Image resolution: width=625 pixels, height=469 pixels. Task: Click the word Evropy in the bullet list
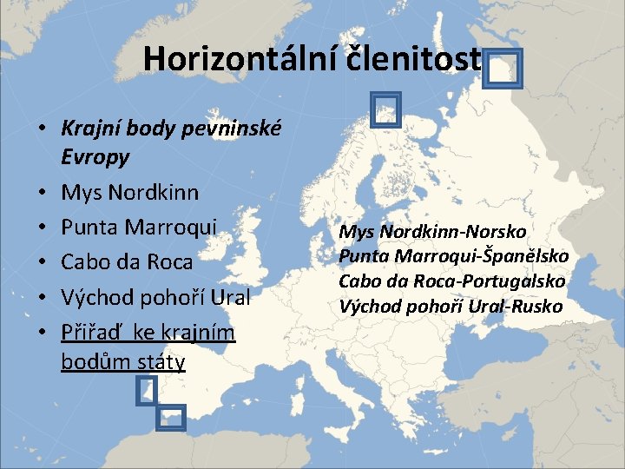point(95,157)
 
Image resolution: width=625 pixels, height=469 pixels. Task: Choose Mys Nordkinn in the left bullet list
point(129,192)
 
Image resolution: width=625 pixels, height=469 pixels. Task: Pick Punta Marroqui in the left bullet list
point(139,227)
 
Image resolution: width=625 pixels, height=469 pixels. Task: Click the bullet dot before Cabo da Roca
point(42,262)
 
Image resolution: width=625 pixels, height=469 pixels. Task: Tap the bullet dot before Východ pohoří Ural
point(42,297)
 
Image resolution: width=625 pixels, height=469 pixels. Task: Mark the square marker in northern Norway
point(384,109)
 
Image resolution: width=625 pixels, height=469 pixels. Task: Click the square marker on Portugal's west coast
point(147,391)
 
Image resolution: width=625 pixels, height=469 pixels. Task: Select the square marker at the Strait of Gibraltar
point(172,418)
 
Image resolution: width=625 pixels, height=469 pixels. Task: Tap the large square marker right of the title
point(503,69)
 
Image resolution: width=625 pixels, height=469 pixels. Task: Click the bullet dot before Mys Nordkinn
point(42,193)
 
